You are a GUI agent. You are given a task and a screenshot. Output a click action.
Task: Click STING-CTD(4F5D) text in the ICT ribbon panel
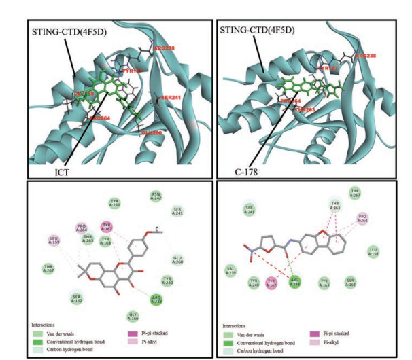click(x=65, y=31)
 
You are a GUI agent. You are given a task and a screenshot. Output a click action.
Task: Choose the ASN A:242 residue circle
click(x=155, y=197)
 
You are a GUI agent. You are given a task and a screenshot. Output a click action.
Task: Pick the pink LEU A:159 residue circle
click(x=55, y=240)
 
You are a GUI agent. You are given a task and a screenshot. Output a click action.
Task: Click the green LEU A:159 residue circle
click(x=373, y=252)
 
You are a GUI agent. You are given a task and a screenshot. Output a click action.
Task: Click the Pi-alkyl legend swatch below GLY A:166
click(x=129, y=343)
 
